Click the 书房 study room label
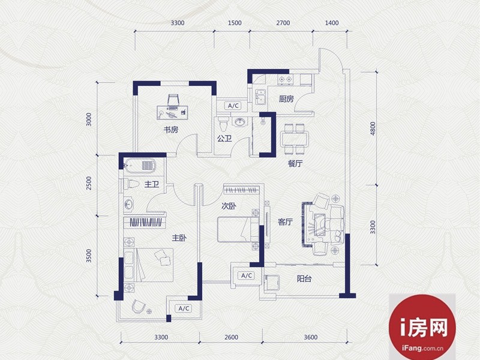coord(171,130)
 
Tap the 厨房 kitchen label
coord(286,99)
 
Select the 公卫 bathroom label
coord(224,139)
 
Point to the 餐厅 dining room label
coord(295,163)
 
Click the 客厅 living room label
coord(286,221)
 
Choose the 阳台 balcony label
coord(304,278)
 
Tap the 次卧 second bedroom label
coord(229,206)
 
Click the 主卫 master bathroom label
coord(152,184)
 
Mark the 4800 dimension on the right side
coord(373,128)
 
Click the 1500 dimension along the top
coord(235,23)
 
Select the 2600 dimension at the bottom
coord(231,337)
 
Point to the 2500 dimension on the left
coord(89,183)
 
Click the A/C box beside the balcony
coord(247,275)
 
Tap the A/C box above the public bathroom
coord(233,106)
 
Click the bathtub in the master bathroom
coord(140,166)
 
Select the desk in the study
coord(172,112)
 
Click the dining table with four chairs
coord(295,139)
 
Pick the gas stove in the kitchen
coord(284,80)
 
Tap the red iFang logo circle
coord(422,327)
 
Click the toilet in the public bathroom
coord(223,124)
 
